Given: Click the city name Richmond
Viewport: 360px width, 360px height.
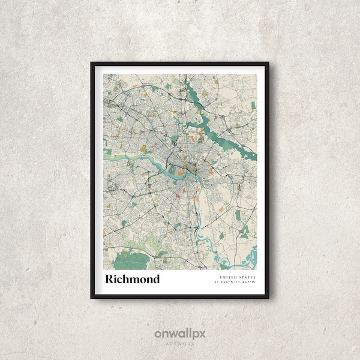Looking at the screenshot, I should click(x=133, y=279).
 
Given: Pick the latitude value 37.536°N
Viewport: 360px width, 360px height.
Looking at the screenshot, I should click(x=224, y=282).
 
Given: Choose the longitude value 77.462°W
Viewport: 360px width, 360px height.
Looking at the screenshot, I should click(x=245, y=282).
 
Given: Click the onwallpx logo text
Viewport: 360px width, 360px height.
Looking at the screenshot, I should click(x=180, y=333).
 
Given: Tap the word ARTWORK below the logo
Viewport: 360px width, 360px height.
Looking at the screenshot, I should click(x=180, y=344).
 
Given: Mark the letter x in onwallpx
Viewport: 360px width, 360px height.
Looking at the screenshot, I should click(x=202, y=333).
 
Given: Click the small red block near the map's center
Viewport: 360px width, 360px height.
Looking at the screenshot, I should click(x=178, y=193).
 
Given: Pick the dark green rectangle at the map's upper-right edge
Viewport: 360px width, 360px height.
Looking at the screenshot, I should click(x=253, y=106).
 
